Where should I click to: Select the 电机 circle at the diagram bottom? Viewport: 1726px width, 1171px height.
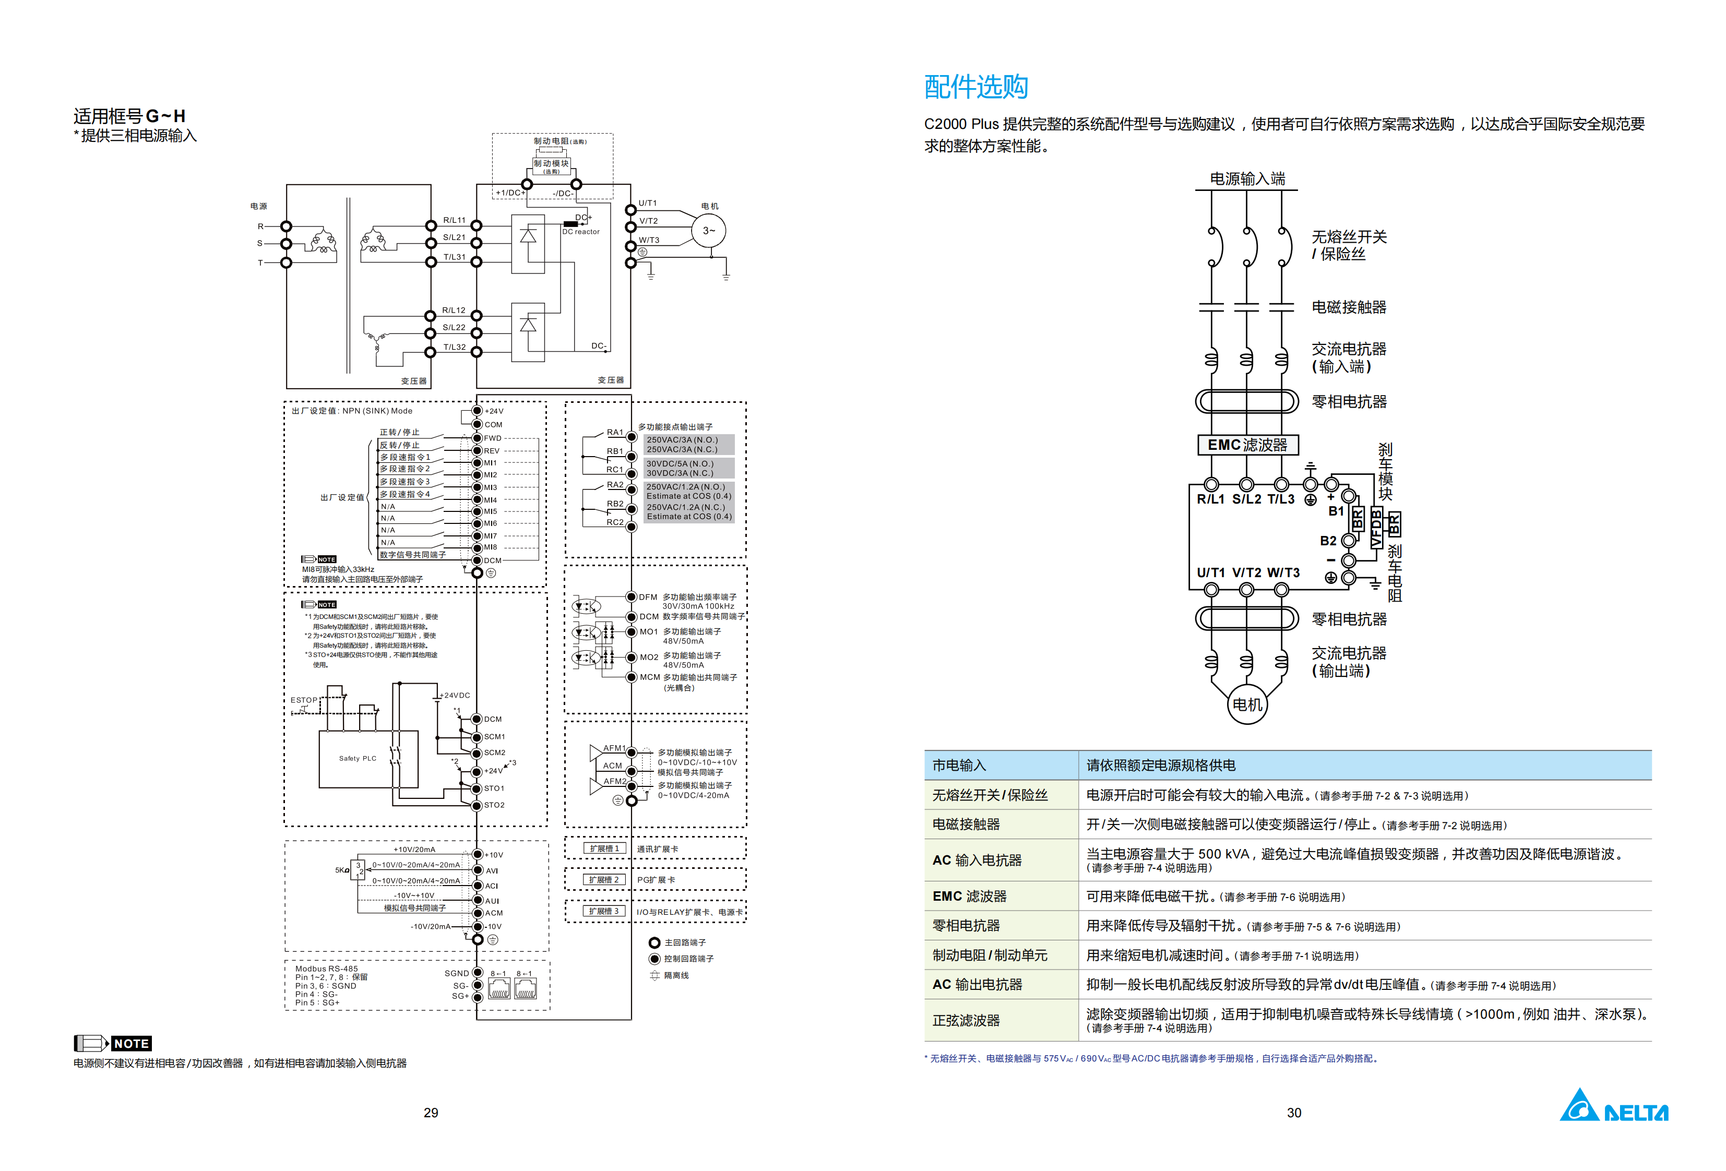1246,704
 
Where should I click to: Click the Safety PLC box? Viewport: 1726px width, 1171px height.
358,758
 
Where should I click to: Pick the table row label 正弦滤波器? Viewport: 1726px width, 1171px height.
966,1020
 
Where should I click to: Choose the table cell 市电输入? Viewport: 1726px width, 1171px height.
959,765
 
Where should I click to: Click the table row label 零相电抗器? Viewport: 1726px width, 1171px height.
966,925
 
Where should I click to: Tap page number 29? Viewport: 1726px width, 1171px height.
431,1113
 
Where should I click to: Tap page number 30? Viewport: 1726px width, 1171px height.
1294,1113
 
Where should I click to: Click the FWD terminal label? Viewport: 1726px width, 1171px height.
492,438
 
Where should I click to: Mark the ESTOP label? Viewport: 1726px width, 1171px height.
303,700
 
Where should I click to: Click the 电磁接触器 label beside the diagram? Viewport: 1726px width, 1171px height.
1348,307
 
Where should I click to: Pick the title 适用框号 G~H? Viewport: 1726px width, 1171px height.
129,116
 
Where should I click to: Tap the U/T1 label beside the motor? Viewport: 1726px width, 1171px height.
648,202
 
